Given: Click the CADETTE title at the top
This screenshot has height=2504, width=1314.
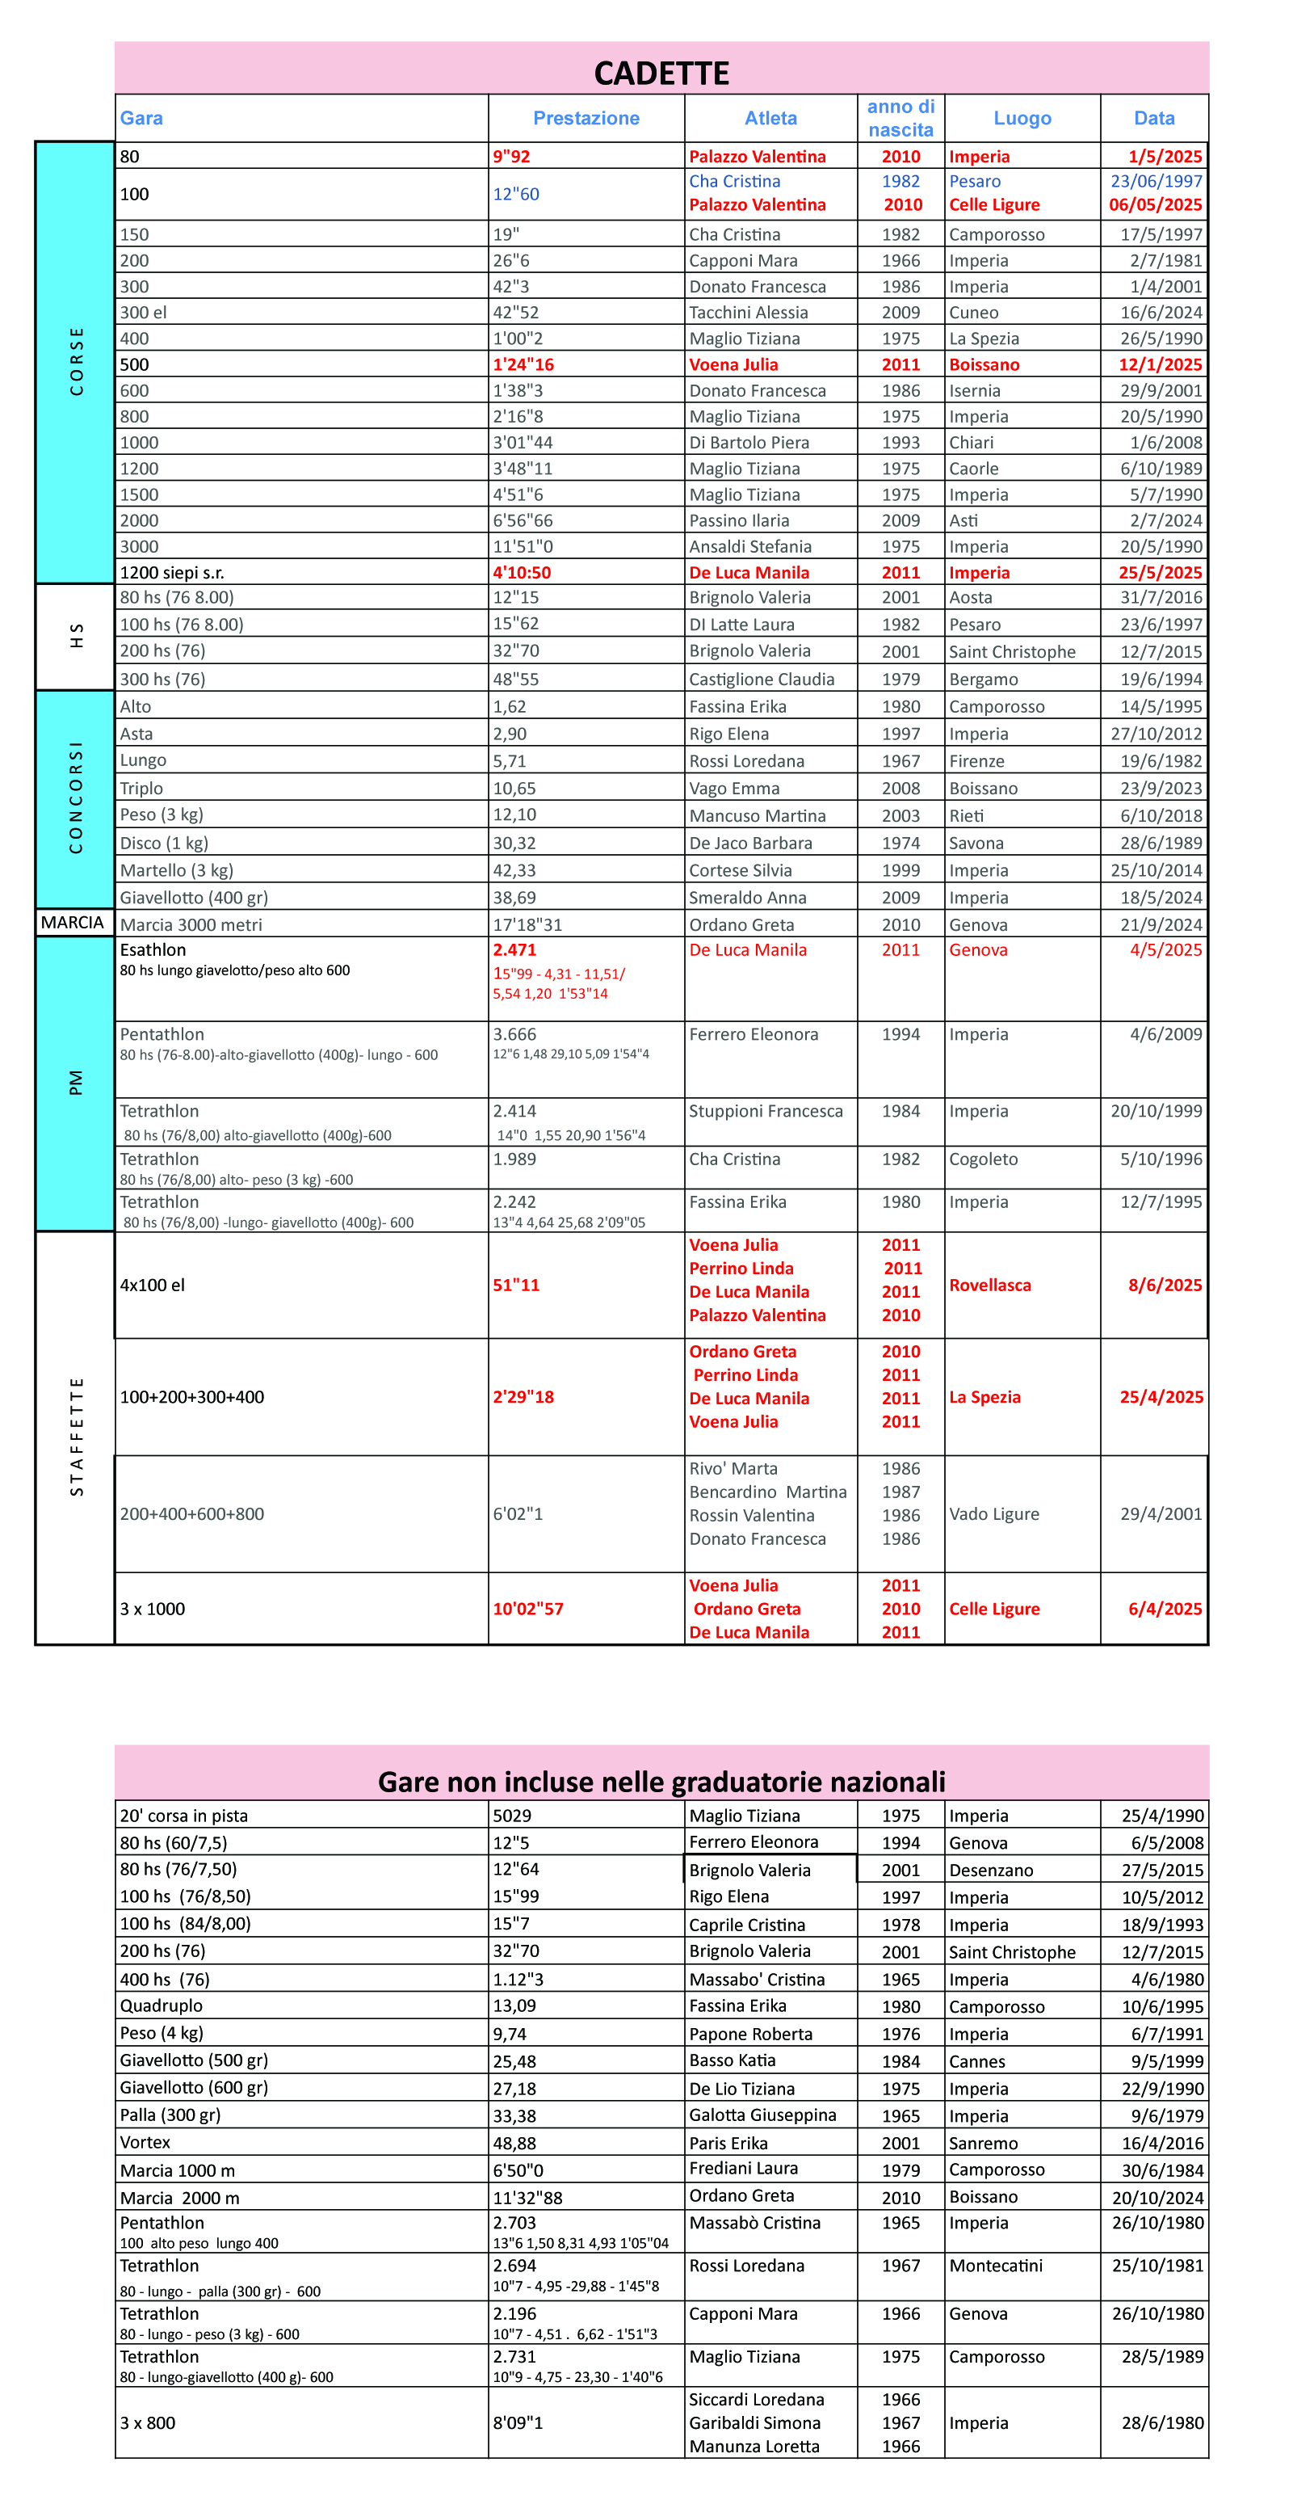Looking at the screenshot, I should coord(661,73).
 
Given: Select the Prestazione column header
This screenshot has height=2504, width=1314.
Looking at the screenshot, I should coord(586,118).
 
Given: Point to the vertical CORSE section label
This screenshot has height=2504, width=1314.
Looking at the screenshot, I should coord(76,362).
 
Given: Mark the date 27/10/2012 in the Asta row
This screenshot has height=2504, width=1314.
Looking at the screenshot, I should coord(1156,734).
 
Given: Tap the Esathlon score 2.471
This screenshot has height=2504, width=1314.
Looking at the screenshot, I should coord(514,949).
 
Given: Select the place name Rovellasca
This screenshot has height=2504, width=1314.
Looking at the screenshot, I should coord(989,1285).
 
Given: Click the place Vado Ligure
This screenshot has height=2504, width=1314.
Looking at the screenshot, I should coord(993,1513).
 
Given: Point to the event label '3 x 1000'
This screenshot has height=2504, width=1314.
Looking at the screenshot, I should coord(152,1609).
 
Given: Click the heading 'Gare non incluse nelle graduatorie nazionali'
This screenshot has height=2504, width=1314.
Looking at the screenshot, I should coord(661,1782).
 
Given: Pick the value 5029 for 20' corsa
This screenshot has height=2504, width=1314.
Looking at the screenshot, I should coord(511,1816).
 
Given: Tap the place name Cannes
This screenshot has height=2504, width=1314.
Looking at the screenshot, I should coord(976,2060).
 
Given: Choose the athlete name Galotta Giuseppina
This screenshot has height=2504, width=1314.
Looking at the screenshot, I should coord(762,2115).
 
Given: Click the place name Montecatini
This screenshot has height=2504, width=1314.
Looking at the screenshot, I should coord(995,2266).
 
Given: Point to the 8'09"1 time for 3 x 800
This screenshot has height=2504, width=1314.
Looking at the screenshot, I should coord(517,2422).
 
